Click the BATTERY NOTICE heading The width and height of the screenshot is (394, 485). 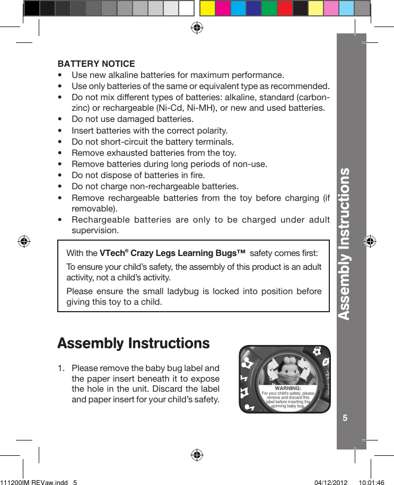[96, 64]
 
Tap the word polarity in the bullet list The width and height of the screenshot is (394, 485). [212, 130]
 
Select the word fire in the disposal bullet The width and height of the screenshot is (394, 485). [197, 175]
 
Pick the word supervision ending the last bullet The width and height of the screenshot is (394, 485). [95, 231]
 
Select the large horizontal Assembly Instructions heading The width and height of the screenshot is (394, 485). [133, 343]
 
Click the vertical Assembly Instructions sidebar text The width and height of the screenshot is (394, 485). [345, 244]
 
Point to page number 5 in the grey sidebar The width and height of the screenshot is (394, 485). [345, 418]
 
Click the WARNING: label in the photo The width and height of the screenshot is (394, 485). [288, 389]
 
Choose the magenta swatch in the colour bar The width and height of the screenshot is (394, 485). [223, 8]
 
